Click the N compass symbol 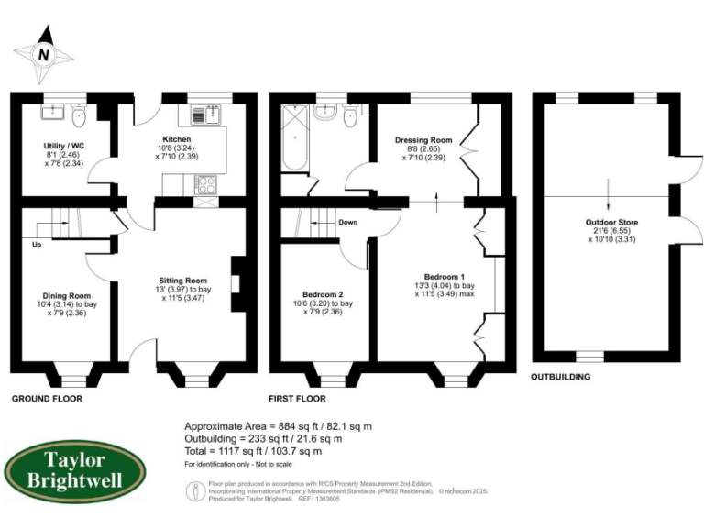(x=43, y=54)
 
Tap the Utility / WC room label (x=64, y=146)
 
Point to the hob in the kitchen (x=206, y=183)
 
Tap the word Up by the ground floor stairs (x=37, y=246)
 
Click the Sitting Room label (x=183, y=280)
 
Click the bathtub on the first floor (x=295, y=137)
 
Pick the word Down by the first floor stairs (x=347, y=223)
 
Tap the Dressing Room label (x=423, y=140)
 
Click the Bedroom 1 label (x=444, y=276)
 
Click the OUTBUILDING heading (x=561, y=376)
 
